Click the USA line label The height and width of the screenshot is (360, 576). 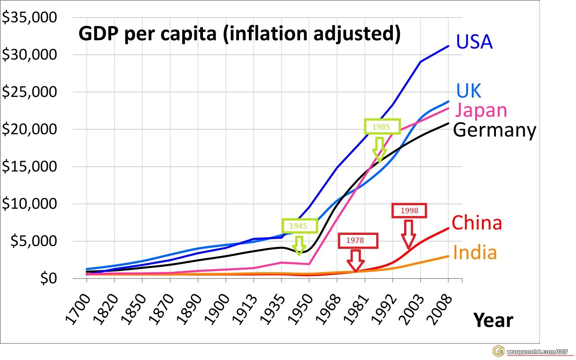pyautogui.click(x=474, y=42)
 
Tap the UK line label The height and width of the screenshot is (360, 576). pyautogui.click(x=468, y=90)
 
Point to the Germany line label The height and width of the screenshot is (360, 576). pyautogui.click(x=495, y=130)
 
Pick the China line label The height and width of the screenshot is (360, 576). pyautogui.click(x=477, y=223)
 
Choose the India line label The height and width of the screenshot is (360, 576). pyautogui.click(x=475, y=252)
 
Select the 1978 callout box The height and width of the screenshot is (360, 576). pyautogui.click(x=358, y=241)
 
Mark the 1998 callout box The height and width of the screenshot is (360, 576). pyautogui.click(x=409, y=211)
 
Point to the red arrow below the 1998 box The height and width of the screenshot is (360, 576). pyautogui.click(x=409, y=234)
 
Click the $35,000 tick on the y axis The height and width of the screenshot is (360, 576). pyautogui.click(x=29, y=18)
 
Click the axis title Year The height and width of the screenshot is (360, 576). pyautogui.click(x=493, y=320)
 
